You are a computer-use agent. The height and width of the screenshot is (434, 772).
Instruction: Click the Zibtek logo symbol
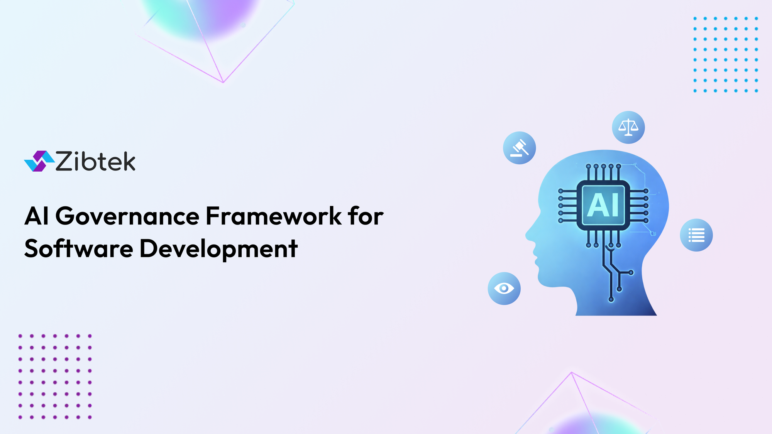coord(39,161)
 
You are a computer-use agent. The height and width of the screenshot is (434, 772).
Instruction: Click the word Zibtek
coord(95,161)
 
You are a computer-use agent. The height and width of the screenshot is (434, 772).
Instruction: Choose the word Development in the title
coord(218,249)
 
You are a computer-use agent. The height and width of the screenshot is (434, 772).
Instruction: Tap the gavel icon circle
coord(519,148)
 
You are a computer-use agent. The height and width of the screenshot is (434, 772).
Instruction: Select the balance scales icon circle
coord(628,127)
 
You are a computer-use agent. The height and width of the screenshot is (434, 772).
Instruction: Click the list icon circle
coord(696,235)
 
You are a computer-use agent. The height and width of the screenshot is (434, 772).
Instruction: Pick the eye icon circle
coord(504,289)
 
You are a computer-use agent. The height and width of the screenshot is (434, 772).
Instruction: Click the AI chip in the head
coord(603,205)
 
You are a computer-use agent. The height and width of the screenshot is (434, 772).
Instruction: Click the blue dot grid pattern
coord(725,54)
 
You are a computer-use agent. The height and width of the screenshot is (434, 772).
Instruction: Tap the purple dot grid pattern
coord(55,377)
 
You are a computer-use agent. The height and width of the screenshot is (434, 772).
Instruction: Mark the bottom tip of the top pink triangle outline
coord(223,82)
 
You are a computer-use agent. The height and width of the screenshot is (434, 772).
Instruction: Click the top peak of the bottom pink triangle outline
coord(571,373)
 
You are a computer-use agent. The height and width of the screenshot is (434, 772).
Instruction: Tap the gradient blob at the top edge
coord(201,15)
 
